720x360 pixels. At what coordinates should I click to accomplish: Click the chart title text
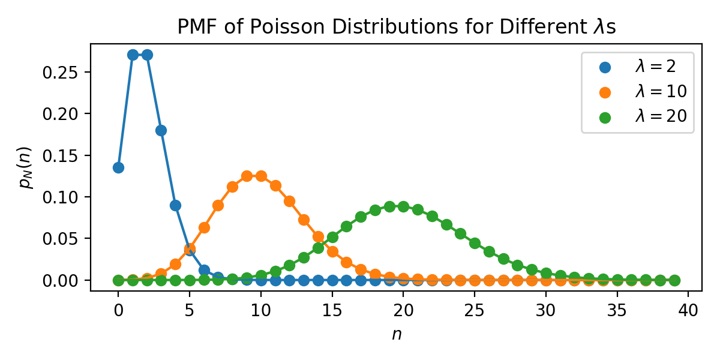397,27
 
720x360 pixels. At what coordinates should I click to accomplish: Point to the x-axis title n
397,335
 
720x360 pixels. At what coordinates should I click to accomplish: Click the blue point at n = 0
118,167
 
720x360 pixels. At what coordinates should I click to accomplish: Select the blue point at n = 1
133,55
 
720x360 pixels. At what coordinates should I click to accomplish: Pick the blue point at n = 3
161,130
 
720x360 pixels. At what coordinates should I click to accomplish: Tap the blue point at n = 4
175,205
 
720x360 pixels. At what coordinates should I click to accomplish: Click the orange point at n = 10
261,176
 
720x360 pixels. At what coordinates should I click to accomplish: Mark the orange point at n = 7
218,205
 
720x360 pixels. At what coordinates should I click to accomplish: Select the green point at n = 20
403,206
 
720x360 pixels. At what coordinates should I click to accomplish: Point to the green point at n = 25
475,243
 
